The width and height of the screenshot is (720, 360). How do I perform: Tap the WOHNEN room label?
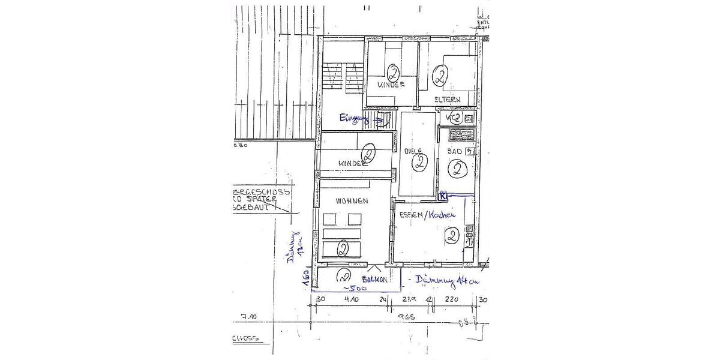coord(352,201)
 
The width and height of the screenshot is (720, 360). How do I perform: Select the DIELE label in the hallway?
coord(413,151)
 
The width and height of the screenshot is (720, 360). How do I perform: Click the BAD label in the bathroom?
coord(455,152)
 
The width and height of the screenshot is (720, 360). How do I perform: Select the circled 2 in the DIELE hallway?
coord(420,163)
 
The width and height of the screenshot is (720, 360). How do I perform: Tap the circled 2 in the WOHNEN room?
coord(343,247)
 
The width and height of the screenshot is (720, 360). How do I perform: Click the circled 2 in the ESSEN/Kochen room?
coord(452,236)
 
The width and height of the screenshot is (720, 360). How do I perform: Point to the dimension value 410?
coord(352,299)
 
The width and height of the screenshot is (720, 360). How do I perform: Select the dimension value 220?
coord(451,299)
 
